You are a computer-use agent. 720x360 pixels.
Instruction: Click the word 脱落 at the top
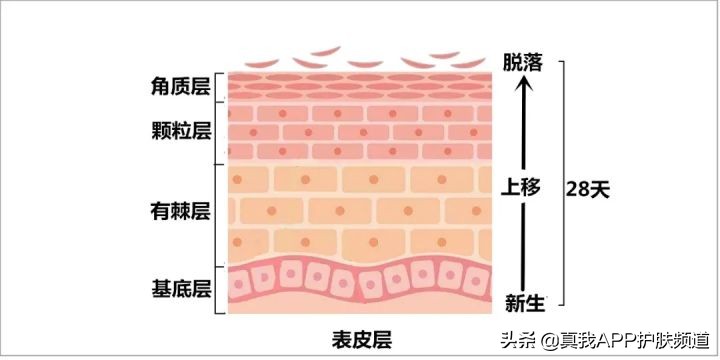pyautogui.click(x=523, y=63)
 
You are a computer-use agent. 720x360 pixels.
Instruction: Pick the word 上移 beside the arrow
pyautogui.click(x=522, y=187)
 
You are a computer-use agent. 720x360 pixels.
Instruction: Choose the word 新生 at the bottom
pyautogui.click(x=523, y=301)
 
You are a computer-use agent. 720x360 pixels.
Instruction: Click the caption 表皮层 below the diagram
pyautogui.click(x=360, y=337)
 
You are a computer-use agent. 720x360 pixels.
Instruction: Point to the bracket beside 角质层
pyautogui.click(x=219, y=86)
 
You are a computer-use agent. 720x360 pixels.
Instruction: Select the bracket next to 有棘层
pyautogui.click(x=219, y=212)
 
